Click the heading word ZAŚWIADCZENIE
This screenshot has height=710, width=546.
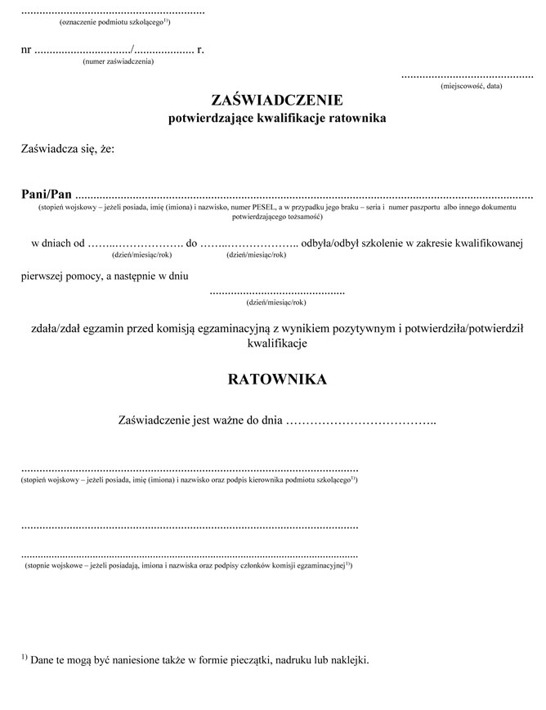tap(276, 101)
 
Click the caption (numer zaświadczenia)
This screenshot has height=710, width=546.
tap(119, 61)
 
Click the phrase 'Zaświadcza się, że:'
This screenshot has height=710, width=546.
tap(68, 149)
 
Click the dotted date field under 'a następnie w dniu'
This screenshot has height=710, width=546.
tap(277, 292)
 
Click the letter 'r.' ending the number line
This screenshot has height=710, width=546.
tap(200, 49)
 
